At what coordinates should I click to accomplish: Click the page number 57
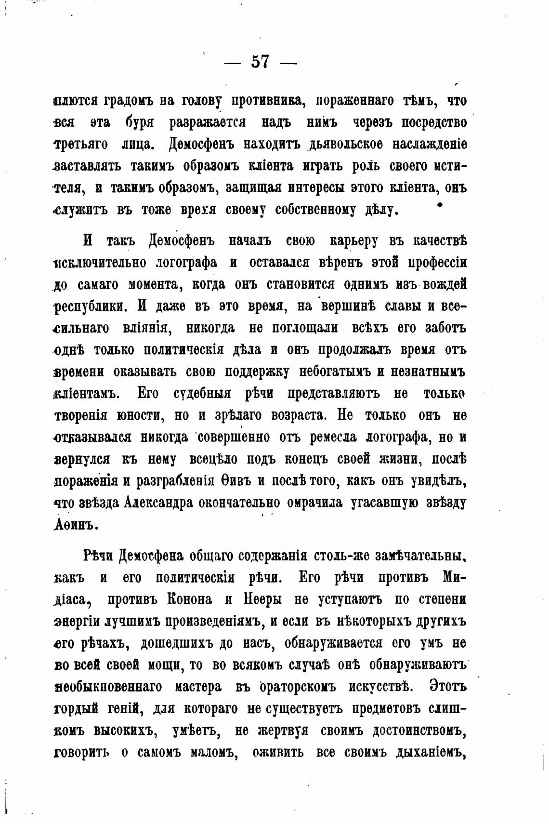click(x=260, y=62)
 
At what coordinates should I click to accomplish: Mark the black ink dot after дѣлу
click(x=439, y=206)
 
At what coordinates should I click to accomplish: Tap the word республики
click(x=91, y=306)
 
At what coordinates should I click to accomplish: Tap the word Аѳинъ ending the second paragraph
click(x=75, y=524)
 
